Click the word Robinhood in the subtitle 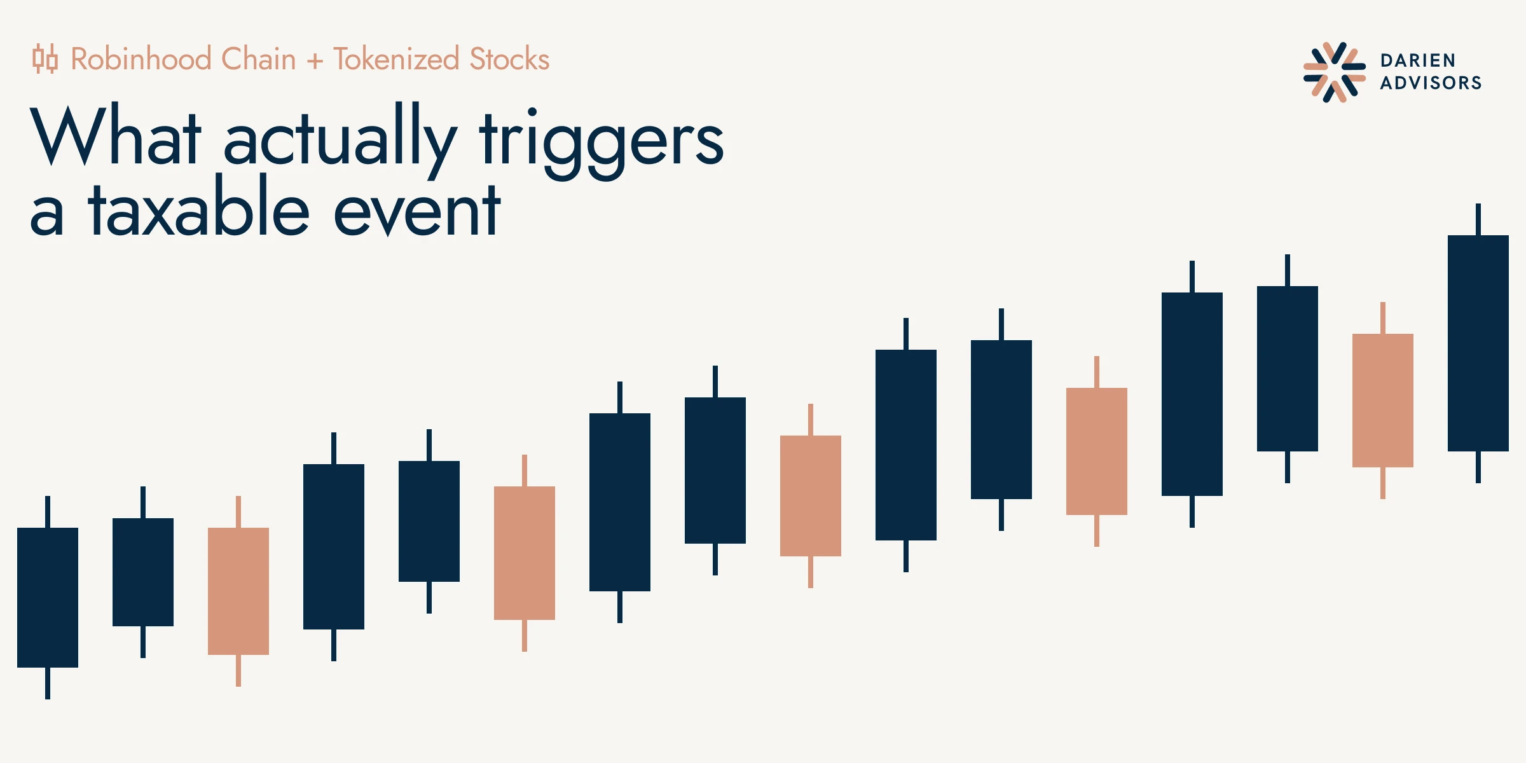click(x=141, y=59)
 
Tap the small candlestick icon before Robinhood click(x=45, y=59)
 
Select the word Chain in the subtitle click(x=259, y=59)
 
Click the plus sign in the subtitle click(x=315, y=61)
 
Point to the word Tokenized click(x=396, y=59)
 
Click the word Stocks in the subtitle click(x=509, y=59)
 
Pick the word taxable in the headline click(x=198, y=206)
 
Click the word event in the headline click(x=417, y=210)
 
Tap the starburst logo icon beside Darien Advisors click(x=1335, y=72)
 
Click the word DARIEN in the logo click(x=1418, y=60)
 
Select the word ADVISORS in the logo click(x=1431, y=83)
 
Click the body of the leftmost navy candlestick click(x=48, y=598)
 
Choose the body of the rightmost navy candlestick click(x=1478, y=343)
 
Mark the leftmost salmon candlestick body click(x=238, y=591)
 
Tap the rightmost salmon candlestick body click(x=1383, y=401)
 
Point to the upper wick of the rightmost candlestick click(x=1478, y=219)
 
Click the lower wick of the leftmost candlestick click(x=48, y=684)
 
